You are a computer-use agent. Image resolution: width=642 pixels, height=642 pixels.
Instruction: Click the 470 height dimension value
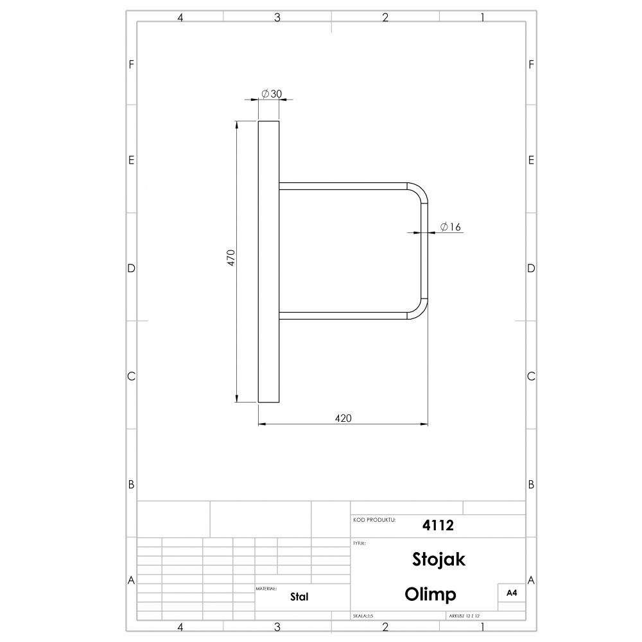pyautogui.click(x=231, y=258)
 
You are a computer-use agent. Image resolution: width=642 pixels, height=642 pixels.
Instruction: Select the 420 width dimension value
pyautogui.click(x=343, y=418)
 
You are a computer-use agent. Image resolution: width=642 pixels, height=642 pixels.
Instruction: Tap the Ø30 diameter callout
pyautogui.click(x=272, y=94)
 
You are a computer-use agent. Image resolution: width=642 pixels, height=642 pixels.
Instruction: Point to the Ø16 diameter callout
pyautogui.click(x=451, y=227)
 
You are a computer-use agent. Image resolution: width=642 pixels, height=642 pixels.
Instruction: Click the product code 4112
pyautogui.click(x=438, y=525)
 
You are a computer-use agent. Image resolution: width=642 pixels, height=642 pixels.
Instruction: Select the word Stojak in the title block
pyautogui.click(x=438, y=559)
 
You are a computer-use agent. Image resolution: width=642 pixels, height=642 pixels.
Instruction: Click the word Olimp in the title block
pyautogui.click(x=430, y=594)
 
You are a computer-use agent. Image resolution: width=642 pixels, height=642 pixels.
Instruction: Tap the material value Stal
pyautogui.click(x=299, y=596)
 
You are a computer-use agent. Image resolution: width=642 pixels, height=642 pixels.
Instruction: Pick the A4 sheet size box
pyautogui.click(x=512, y=593)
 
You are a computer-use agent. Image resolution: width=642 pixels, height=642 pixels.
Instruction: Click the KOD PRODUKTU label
pyautogui.click(x=374, y=520)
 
